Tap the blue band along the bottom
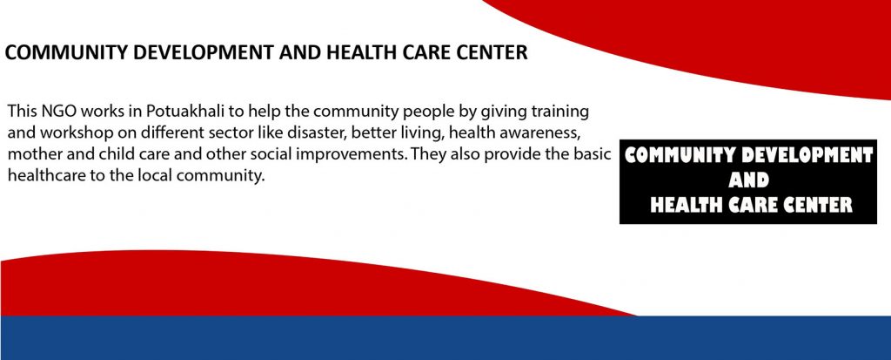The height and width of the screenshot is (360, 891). [x=445, y=338]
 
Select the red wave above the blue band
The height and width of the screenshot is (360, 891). [x=227, y=285]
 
